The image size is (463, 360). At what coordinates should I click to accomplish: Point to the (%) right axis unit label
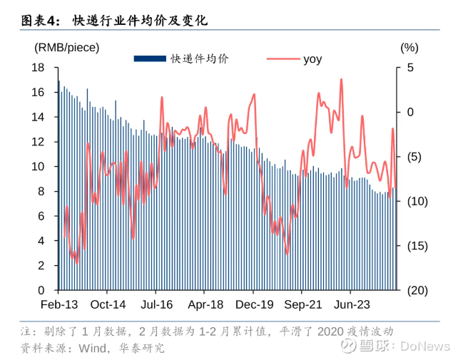click(x=409, y=48)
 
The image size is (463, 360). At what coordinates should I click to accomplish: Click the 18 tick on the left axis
click(x=39, y=68)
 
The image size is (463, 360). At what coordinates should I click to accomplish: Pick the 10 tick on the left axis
click(x=39, y=166)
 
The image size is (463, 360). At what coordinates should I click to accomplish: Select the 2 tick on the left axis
click(x=42, y=265)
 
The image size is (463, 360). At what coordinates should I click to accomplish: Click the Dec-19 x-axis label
click(x=254, y=303)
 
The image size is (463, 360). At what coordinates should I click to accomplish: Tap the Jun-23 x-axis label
click(x=352, y=303)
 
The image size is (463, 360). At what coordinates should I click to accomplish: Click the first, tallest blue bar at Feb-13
click(x=58, y=185)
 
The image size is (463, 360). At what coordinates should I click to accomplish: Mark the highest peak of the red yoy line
click(x=342, y=79)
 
